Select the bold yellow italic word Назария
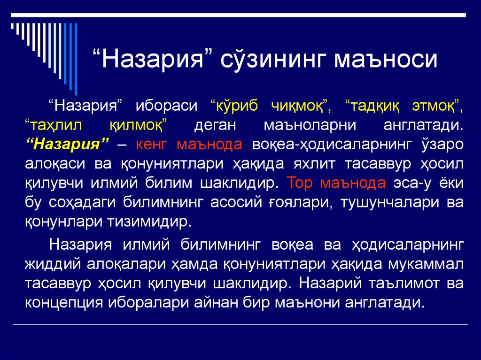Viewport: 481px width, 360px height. click(x=68, y=143)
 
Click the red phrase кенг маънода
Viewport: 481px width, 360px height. click(x=189, y=143)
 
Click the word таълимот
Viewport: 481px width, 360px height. click(x=397, y=283)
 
